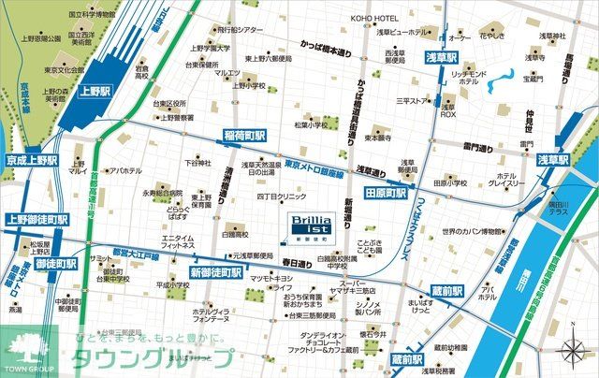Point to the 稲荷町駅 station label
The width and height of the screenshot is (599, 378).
pyautogui.click(x=242, y=137)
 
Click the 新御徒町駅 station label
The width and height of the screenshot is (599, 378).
pyautogui.click(x=217, y=272)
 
